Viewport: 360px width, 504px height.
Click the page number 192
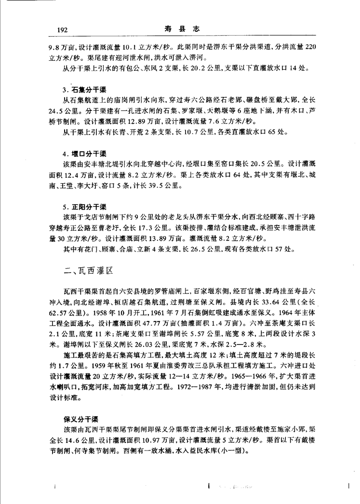coord(62,30)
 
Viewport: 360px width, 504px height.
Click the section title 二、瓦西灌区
coord(88,272)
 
